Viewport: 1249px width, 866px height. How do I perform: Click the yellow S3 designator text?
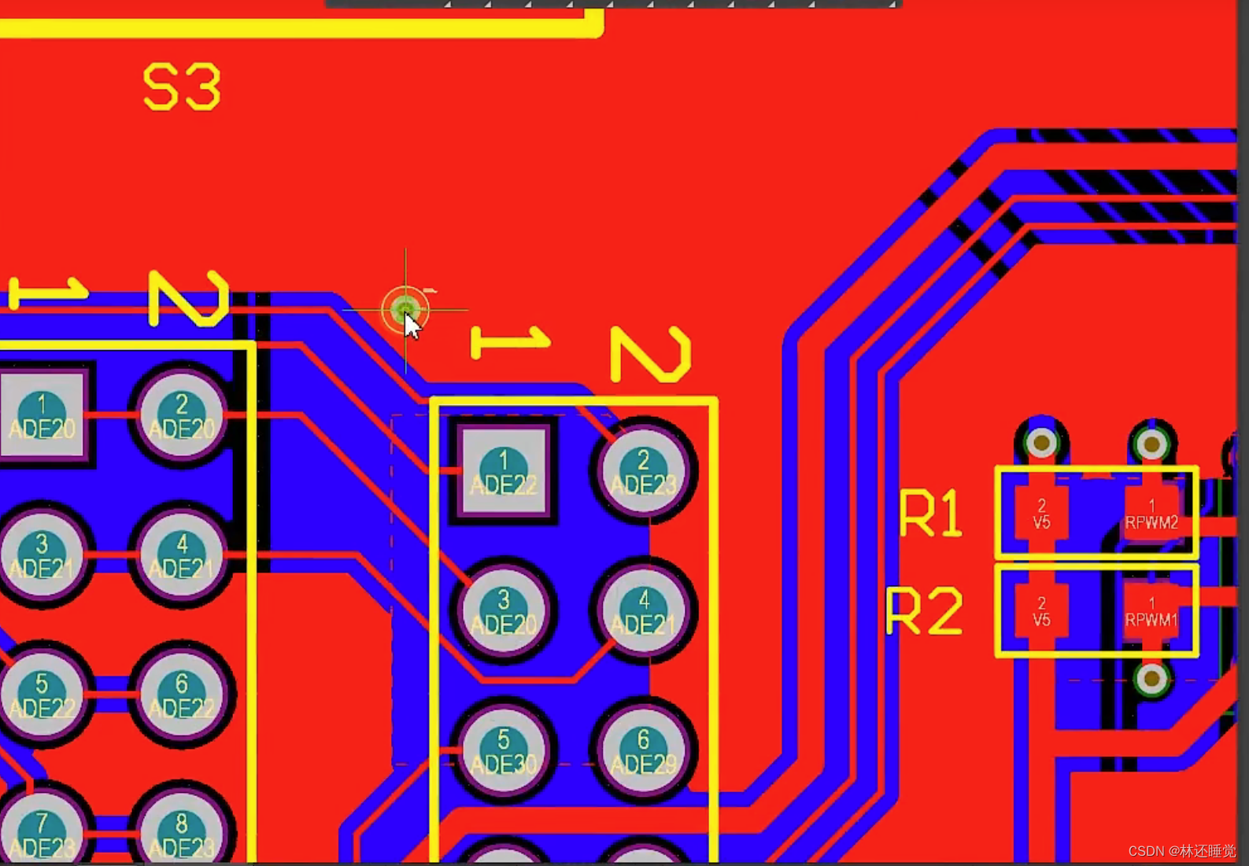pyautogui.click(x=182, y=87)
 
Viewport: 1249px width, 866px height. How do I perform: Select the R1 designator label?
pyautogui.click(x=931, y=513)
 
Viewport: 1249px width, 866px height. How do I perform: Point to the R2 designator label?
pyautogui.click(x=924, y=610)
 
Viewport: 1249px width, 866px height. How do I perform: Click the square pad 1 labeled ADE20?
pyautogui.click(x=42, y=415)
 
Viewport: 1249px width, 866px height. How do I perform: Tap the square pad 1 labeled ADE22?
pyautogui.click(x=504, y=470)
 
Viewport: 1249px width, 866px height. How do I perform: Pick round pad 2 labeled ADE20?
pyautogui.click(x=182, y=415)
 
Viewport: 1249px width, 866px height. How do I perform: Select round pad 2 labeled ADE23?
pyautogui.click(x=643, y=470)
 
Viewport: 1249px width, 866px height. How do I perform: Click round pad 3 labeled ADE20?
pyautogui.click(x=504, y=610)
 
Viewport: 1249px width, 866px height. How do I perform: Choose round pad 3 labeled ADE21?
pyautogui.click(x=42, y=554)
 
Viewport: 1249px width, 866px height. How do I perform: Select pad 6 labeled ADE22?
pyautogui.click(x=182, y=694)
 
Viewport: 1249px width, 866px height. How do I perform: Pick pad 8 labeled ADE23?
pyautogui.click(x=182, y=832)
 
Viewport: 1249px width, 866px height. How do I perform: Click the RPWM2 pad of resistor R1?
pyautogui.click(x=1151, y=513)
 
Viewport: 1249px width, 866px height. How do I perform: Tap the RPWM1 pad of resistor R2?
pyautogui.click(x=1151, y=610)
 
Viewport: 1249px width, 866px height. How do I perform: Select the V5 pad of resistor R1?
pyautogui.click(x=1041, y=513)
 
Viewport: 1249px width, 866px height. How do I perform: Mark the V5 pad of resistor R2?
pyautogui.click(x=1041, y=610)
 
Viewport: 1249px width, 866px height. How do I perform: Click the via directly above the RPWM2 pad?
pyautogui.click(x=1152, y=444)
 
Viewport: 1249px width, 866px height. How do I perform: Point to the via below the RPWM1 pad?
pyautogui.click(x=1152, y=678)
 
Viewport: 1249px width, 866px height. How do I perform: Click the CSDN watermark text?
pyautogui.click(x=1181, y=851)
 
